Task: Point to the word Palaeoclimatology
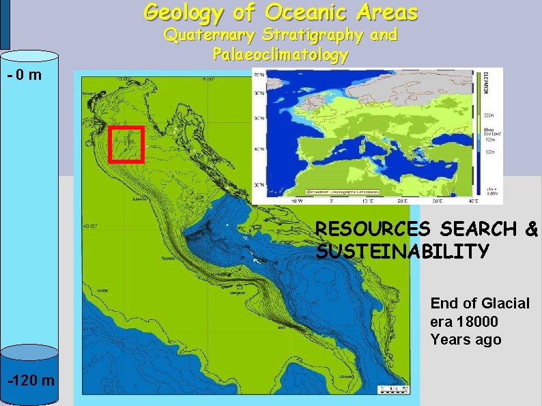pos(281,54)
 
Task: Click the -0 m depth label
pos(25,74)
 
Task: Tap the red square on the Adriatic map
pos(126,144)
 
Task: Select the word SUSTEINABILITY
pos(403,252)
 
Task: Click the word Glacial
pos(504,303)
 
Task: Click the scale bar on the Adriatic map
pos(392,390)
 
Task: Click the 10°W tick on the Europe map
pos(297,201)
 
